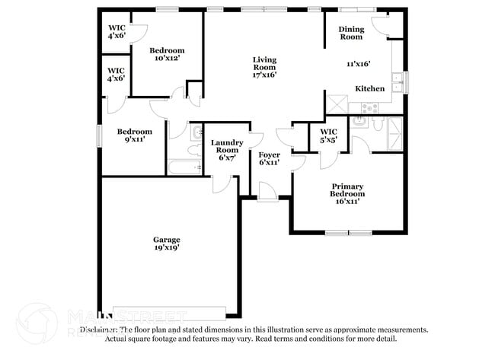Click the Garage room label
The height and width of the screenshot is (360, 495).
[167, 239]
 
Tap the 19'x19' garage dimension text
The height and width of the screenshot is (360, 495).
[167, 248]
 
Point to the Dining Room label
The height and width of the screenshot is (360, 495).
[351, 33]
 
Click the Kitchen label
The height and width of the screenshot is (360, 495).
[370, 88]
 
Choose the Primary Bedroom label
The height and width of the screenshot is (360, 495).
[346, 190]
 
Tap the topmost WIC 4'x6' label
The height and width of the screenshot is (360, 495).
[117, 32]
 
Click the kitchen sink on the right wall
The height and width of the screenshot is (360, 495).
[397, 81]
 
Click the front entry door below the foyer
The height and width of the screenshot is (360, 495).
[268, 193]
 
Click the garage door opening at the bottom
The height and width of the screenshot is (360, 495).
[169, 311]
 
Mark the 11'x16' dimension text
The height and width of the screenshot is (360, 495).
[358, 65]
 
